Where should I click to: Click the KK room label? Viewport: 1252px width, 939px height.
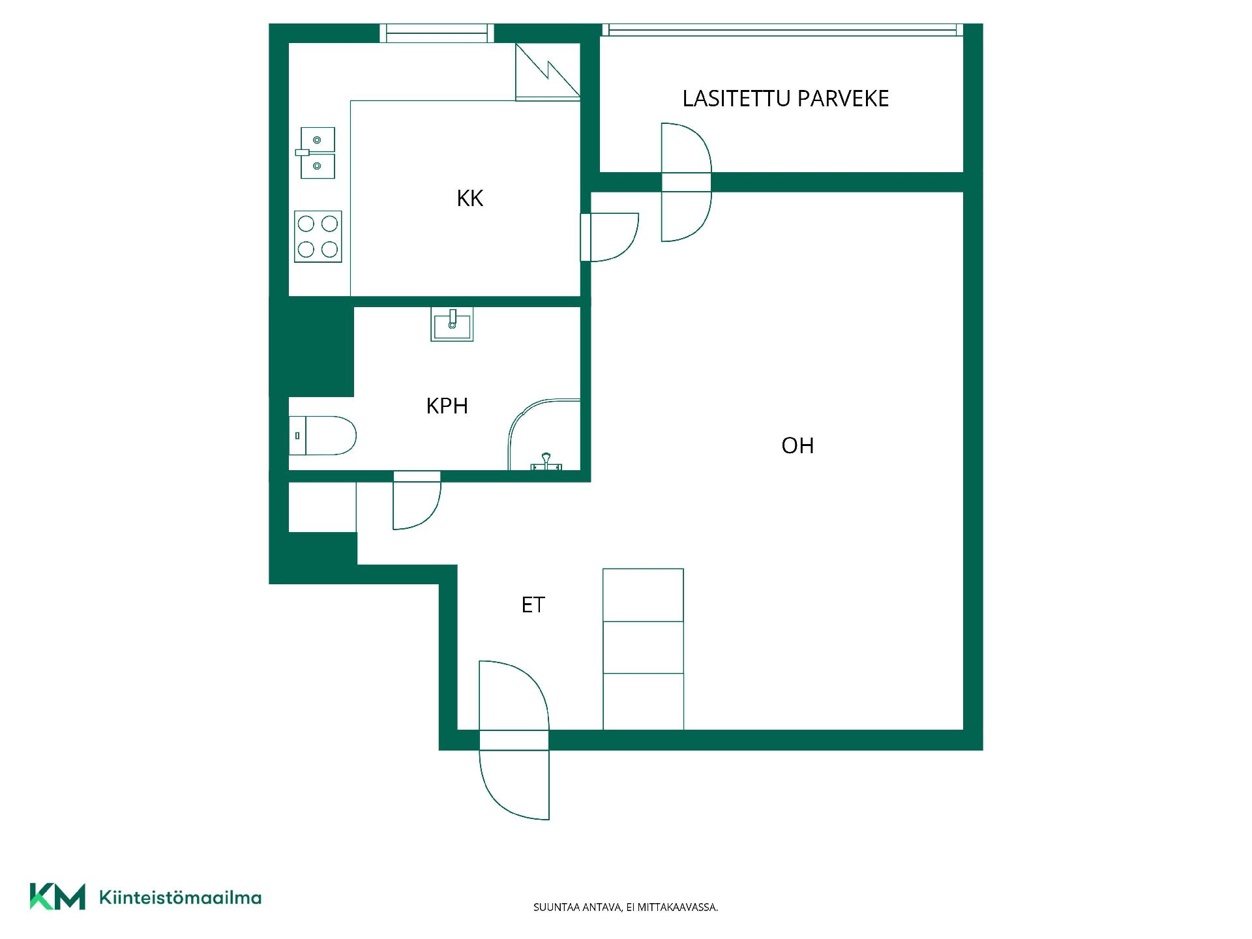point(469,198)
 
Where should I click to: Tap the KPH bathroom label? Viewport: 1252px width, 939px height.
point(447,406)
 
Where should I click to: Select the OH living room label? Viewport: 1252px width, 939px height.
point(797,445)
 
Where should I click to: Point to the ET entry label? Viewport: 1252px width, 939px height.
point(533,605)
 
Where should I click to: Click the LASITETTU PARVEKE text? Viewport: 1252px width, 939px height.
point(786,98)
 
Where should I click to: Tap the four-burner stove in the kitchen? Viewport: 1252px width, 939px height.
point(318,237)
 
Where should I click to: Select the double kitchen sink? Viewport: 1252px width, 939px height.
point(318,153)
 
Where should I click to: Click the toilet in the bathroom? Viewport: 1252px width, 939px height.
point(323,436)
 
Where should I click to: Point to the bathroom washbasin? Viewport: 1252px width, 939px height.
point(452,324)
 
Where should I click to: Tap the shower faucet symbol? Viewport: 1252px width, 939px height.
point(546,462)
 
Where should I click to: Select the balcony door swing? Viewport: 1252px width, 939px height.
point(686,183)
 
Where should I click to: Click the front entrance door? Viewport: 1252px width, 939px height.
point(514,740)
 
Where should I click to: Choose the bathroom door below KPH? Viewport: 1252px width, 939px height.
point(417,500)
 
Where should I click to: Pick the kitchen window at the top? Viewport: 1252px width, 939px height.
point(437,33)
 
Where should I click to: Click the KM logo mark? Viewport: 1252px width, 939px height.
point(57,897)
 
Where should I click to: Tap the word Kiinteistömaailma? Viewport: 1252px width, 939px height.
point(180,898)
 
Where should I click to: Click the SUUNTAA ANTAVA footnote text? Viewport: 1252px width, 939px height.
point(625,907)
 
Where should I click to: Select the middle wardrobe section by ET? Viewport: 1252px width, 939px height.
point(643,648)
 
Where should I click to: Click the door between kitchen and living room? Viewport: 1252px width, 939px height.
point(610,237)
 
